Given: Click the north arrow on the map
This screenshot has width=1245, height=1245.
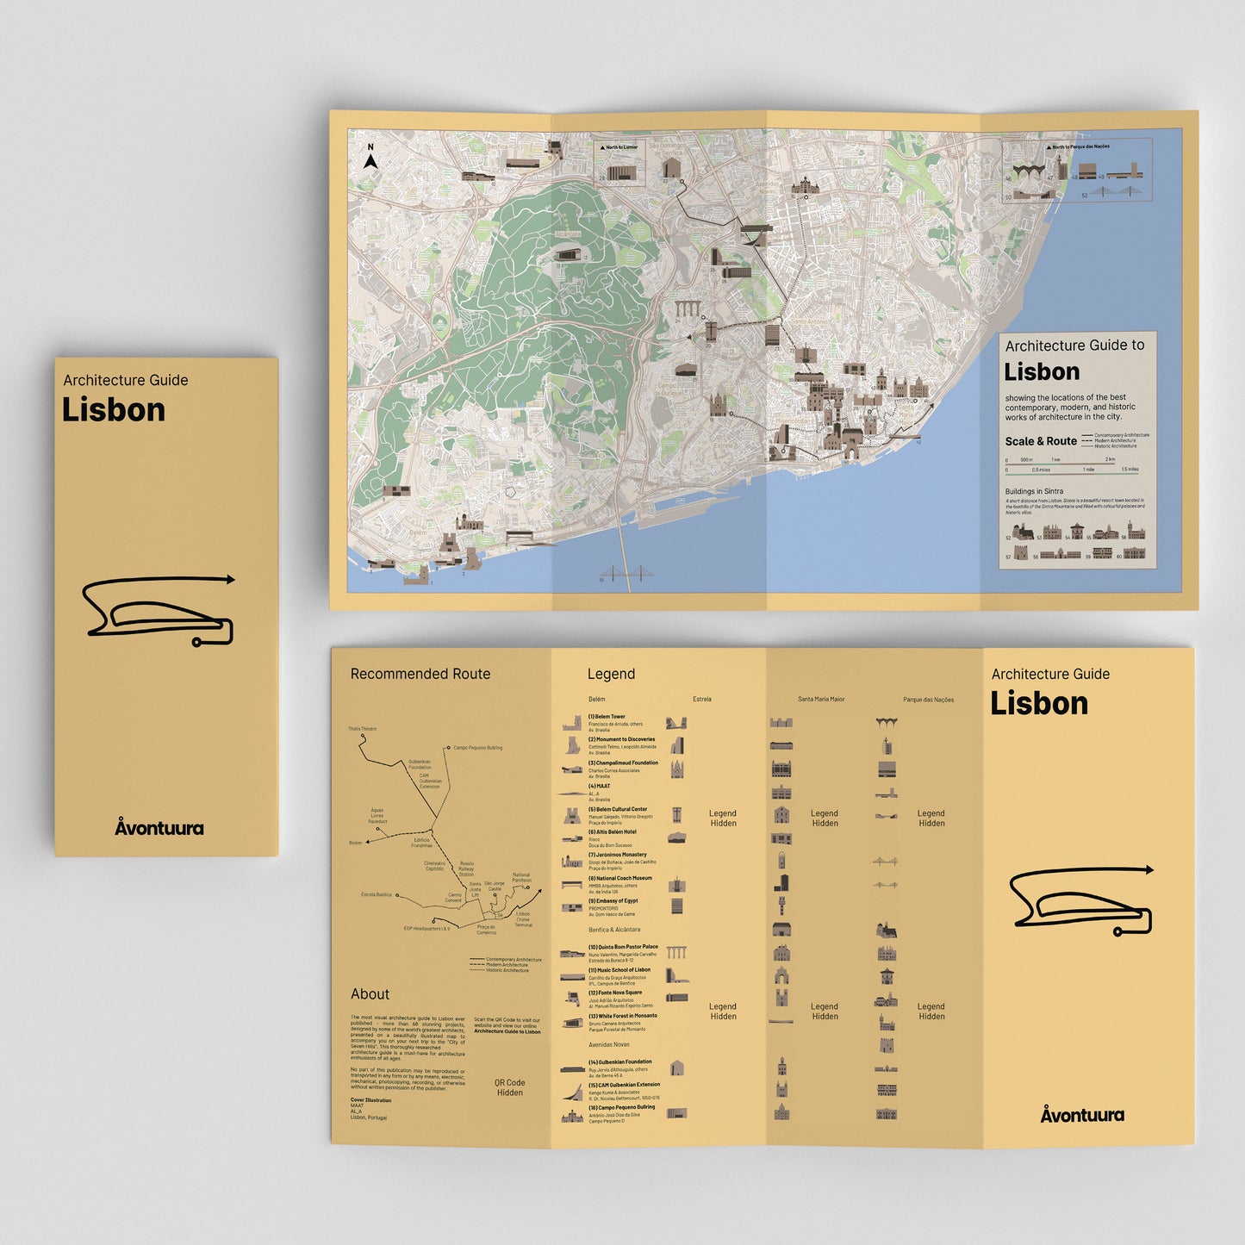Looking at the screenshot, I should click(x=370, y=159).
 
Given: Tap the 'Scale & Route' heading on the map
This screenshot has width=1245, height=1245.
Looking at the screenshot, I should click(x=1041, y=441).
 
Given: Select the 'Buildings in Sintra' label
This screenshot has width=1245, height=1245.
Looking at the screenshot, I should click(x=1034, y=491).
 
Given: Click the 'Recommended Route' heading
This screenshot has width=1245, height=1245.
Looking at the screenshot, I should click(x=420, y=674).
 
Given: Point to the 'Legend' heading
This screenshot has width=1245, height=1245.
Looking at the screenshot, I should click(x=611, y=674).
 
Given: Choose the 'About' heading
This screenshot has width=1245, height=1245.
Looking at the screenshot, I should click(x=370, y=994).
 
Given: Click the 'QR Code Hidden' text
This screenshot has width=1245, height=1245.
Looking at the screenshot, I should click(x=509, y=1087).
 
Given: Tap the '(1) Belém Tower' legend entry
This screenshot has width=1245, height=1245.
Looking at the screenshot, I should click(x=607, y=717).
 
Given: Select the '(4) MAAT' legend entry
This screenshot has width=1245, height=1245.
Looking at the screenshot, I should click(x=599, y=786).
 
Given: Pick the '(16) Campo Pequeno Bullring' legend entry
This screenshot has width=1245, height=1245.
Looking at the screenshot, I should click(x=621, y=1107).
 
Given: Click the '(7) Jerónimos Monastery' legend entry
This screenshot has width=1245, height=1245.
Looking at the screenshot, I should click(x=617, y=855).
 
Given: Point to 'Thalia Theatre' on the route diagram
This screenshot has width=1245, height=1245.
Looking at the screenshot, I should click(x=363, y=729).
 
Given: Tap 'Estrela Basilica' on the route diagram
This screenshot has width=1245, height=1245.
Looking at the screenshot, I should click(x=377, y=894).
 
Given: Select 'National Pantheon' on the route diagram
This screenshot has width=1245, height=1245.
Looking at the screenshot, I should click(x=521, y=877).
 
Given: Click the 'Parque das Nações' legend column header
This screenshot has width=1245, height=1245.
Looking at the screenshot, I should click(x=928, y=700).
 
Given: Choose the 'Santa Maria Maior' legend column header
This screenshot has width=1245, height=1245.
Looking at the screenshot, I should click(x=821, y=700).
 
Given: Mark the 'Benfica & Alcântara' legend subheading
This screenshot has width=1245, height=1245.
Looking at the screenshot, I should click(x=614, y=930).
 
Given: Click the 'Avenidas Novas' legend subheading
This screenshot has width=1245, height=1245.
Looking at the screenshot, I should click(x=608, y=1044).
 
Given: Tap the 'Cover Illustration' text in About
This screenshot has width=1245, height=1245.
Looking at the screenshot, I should click(x=370, y=1100).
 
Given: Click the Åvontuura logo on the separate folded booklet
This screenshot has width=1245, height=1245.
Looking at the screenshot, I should click(x=159, y=828).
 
